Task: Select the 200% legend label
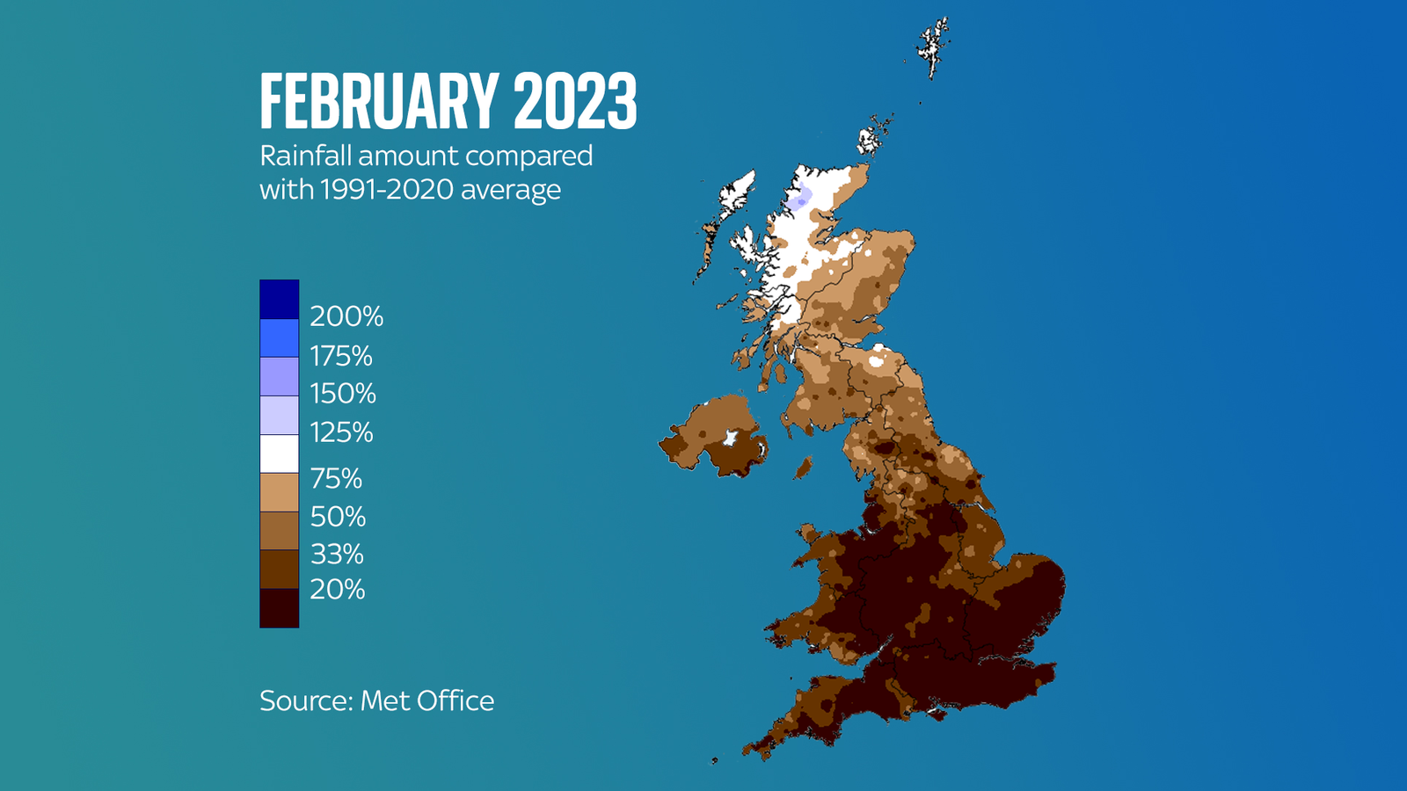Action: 346,316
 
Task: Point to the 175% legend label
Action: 341,356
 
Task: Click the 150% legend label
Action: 343,393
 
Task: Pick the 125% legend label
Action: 341,432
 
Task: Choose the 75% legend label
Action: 336,478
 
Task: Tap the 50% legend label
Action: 338,516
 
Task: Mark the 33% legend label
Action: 337,554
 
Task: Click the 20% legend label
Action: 337,589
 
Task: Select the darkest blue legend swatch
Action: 279,299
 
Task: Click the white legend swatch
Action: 279,454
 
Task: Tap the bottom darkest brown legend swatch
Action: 279,607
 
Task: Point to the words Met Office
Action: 427,700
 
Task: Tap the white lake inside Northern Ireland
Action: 729,437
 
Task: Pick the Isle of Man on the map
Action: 802,468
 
